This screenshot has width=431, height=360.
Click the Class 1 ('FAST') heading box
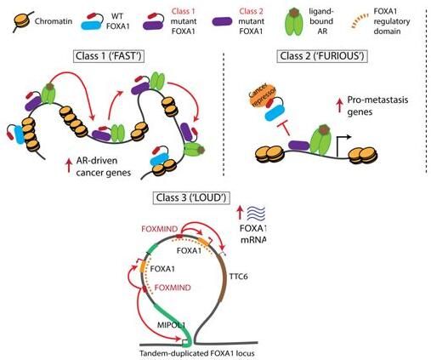tap(109, 56)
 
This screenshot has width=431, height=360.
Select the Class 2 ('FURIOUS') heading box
tap(322, 56)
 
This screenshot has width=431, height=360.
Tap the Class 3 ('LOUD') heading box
tap(191, 197)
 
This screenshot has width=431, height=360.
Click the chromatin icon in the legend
tap(22, 21)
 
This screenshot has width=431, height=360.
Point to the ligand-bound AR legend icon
tap(295, 22)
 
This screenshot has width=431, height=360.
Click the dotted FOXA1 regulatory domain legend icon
tap(360, 21)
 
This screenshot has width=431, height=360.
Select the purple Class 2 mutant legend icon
tap(222, 22)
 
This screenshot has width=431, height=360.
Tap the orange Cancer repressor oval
tap(260, 95)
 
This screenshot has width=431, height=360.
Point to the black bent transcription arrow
tap(343, 146)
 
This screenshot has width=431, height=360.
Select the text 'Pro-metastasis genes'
tap(377, 106)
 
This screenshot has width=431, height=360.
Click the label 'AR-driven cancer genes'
tap(104, 167)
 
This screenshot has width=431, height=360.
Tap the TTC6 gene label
tap(238, 276)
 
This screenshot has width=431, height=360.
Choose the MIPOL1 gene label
tap(171, 325)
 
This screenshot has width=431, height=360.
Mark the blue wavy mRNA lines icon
tap(256, 214)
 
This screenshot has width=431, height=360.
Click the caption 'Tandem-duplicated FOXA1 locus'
tap(196, 354)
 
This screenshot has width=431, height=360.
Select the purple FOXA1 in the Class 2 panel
tap(299, 146)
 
